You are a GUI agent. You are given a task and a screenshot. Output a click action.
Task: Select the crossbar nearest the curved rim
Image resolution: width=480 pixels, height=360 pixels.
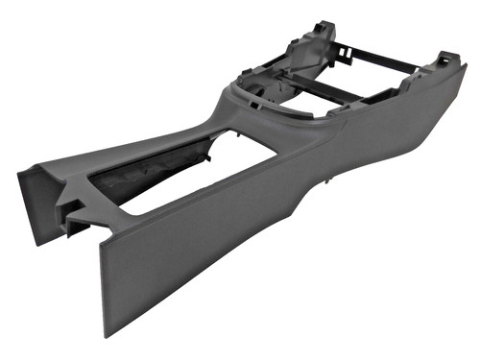pyautogui.click(x=326, y=96)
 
